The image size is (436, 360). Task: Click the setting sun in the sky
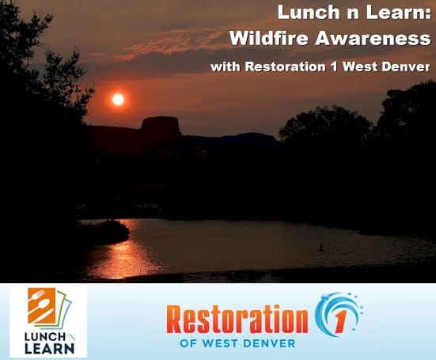tap(118, 99)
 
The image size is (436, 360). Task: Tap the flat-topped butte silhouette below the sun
tap(161, 127)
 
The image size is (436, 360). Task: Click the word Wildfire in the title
tap(269, 38)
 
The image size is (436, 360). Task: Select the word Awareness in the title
tap(373, 38)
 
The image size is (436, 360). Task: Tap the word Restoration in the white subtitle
tap(286, 66)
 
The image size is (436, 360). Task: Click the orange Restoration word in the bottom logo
tap(237, 320)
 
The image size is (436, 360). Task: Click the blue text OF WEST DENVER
tap(237, 343)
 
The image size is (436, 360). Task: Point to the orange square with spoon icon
tap(42, 305)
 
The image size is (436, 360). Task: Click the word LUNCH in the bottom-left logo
tap(45, 337)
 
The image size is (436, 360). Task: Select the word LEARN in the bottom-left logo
tap(50, 348)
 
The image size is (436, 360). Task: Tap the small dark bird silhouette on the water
tap(321, 248)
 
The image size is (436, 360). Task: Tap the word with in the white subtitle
tap(226, 66)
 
